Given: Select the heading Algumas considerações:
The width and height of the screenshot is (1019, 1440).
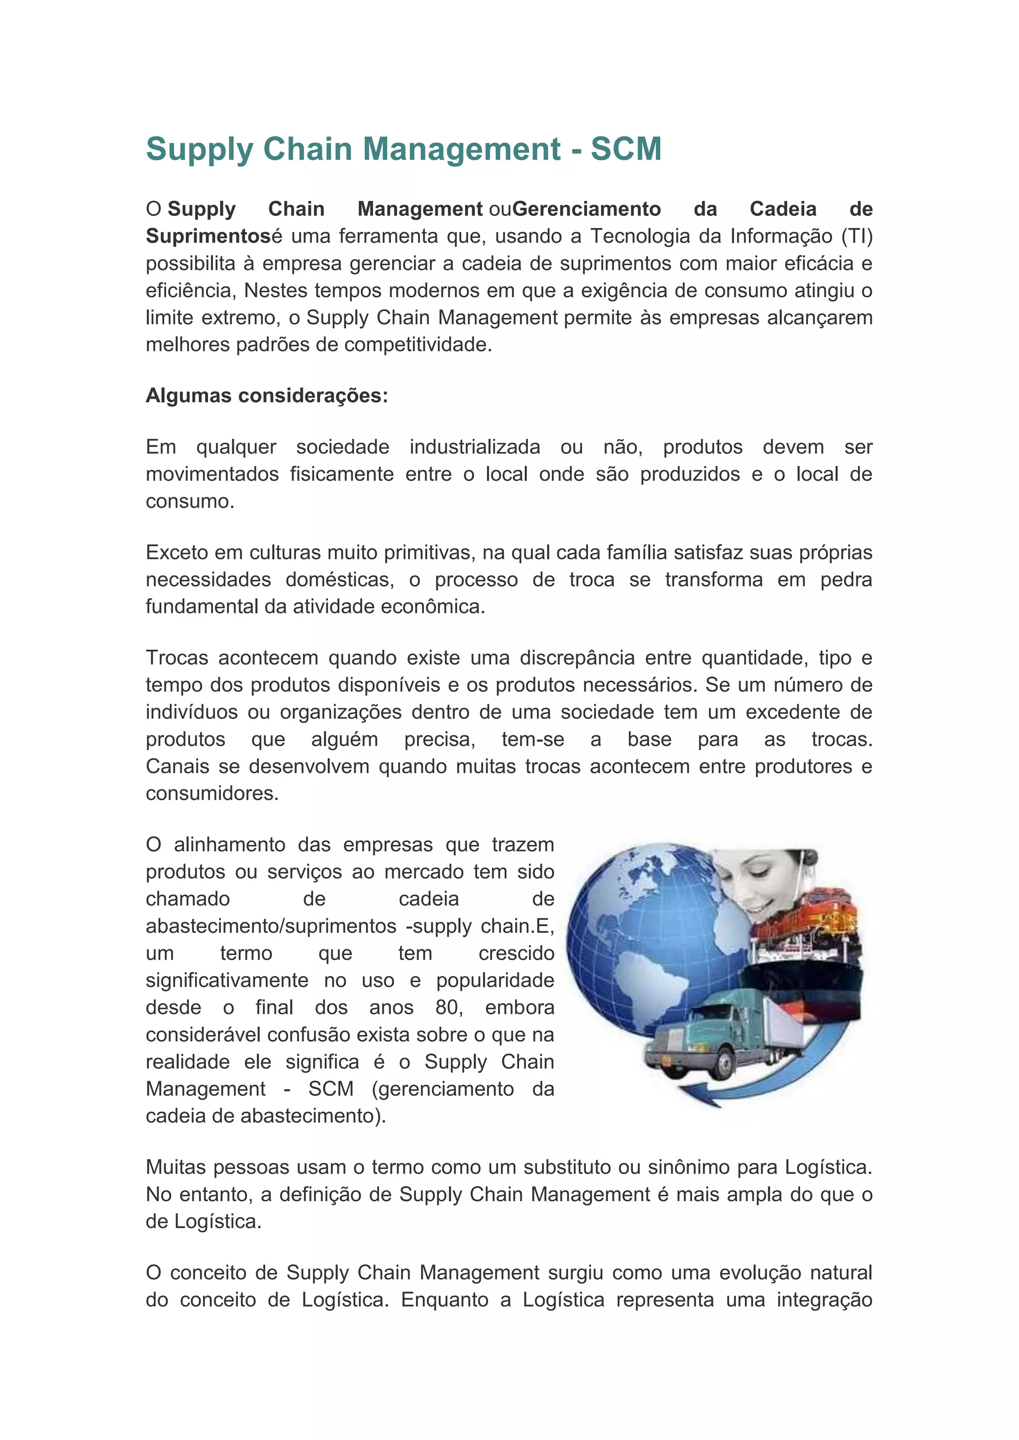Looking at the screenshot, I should [267, 396].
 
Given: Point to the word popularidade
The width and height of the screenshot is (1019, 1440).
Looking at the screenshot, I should [495, 980].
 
